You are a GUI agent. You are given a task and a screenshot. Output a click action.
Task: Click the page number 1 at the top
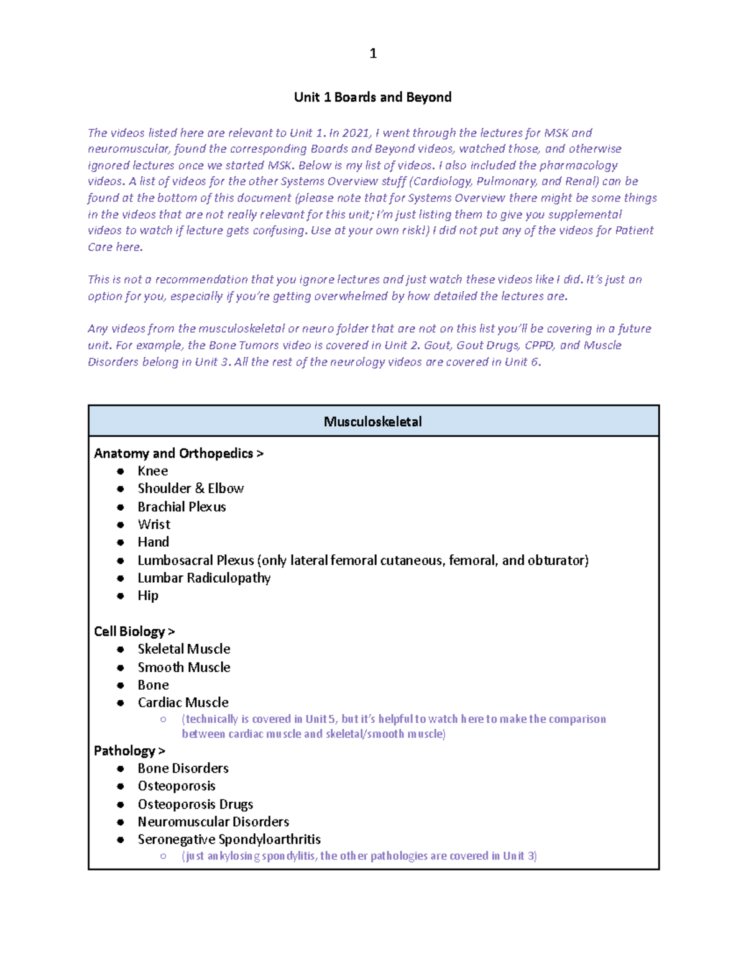(x=373, y=53)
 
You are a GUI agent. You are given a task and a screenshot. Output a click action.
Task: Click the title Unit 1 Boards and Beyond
(x=372, y=98)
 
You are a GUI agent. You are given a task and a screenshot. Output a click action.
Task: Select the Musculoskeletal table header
(x=373, y=422)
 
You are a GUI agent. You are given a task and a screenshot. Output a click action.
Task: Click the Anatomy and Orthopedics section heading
(x=178, y=454)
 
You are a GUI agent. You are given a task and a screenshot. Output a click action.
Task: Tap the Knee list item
(x=153, y=471)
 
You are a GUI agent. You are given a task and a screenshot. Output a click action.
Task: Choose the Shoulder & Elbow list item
(x=190, y=488)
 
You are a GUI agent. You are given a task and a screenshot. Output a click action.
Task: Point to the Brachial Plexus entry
(x=182, y=507)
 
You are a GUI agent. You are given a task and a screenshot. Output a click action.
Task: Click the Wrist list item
(x=154, y=524)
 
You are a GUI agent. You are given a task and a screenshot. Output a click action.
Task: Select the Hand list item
(x=153, y=542)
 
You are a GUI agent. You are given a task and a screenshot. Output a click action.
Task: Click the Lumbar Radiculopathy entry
(x=204, y=578)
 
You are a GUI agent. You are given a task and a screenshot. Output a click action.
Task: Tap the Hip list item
(x=148, y=595)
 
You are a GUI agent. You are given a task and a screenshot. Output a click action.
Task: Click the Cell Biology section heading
(x=134, y=631)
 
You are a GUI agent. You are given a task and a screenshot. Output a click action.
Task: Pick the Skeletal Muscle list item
(x=184, y=649)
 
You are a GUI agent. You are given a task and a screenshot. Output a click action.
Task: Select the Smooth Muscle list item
(x=184, y=667)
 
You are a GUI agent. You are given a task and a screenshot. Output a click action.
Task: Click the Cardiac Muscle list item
(x=183, y=702)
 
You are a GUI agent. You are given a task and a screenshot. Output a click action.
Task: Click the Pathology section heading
(x=129, y=751)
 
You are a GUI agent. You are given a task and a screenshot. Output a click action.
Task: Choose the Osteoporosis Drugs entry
(x=195, y=804)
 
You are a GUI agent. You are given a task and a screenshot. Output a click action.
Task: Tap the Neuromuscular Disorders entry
(x=213, y=821)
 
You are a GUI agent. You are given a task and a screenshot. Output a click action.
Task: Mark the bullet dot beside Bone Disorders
(x=121, y=769)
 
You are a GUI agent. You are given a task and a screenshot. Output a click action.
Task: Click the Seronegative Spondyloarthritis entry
(x=229, y=839)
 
